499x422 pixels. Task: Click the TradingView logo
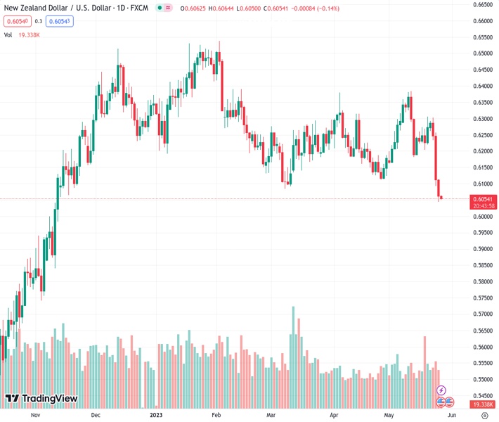(41, 399)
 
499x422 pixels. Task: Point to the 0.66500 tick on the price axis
(481, 4)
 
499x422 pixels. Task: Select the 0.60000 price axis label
(481, 217)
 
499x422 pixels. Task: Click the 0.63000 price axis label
(481, 119)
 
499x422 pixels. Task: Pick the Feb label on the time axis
(216, 415)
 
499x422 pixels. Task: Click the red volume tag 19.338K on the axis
(484, 405)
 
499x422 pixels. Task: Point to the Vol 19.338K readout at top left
(22, 34)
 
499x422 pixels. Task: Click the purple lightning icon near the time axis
(441, 390)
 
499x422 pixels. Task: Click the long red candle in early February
(222, 84)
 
